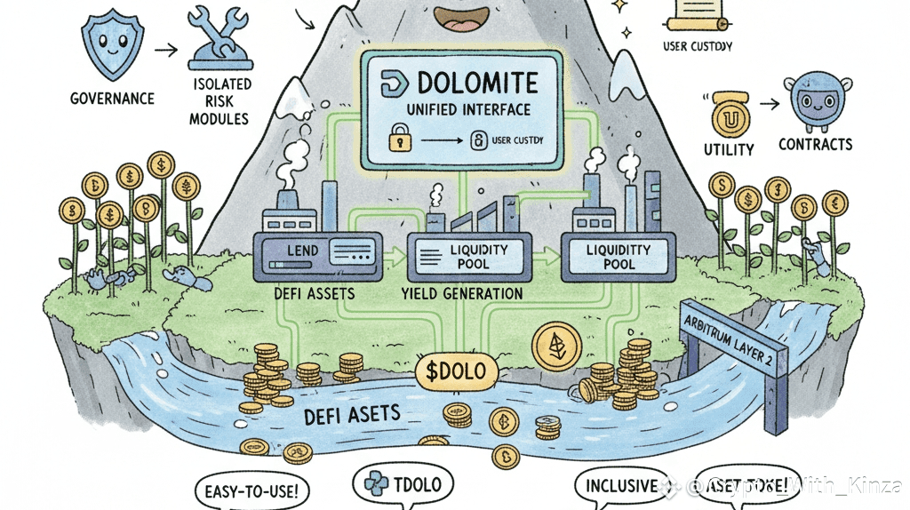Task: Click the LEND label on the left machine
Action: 302,251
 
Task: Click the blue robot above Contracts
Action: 813,105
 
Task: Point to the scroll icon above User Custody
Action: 696,14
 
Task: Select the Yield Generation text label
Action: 462,292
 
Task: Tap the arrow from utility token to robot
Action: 766,104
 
